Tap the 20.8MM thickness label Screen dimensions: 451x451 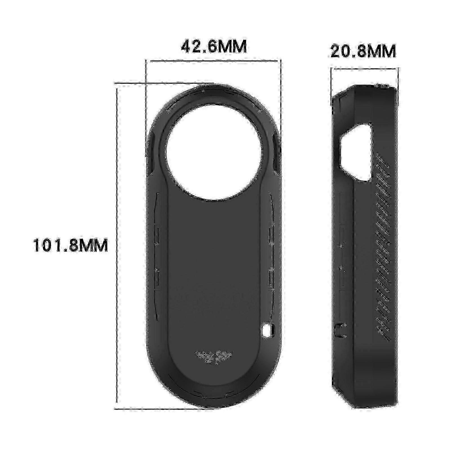363,51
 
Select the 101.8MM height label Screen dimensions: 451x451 70,245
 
